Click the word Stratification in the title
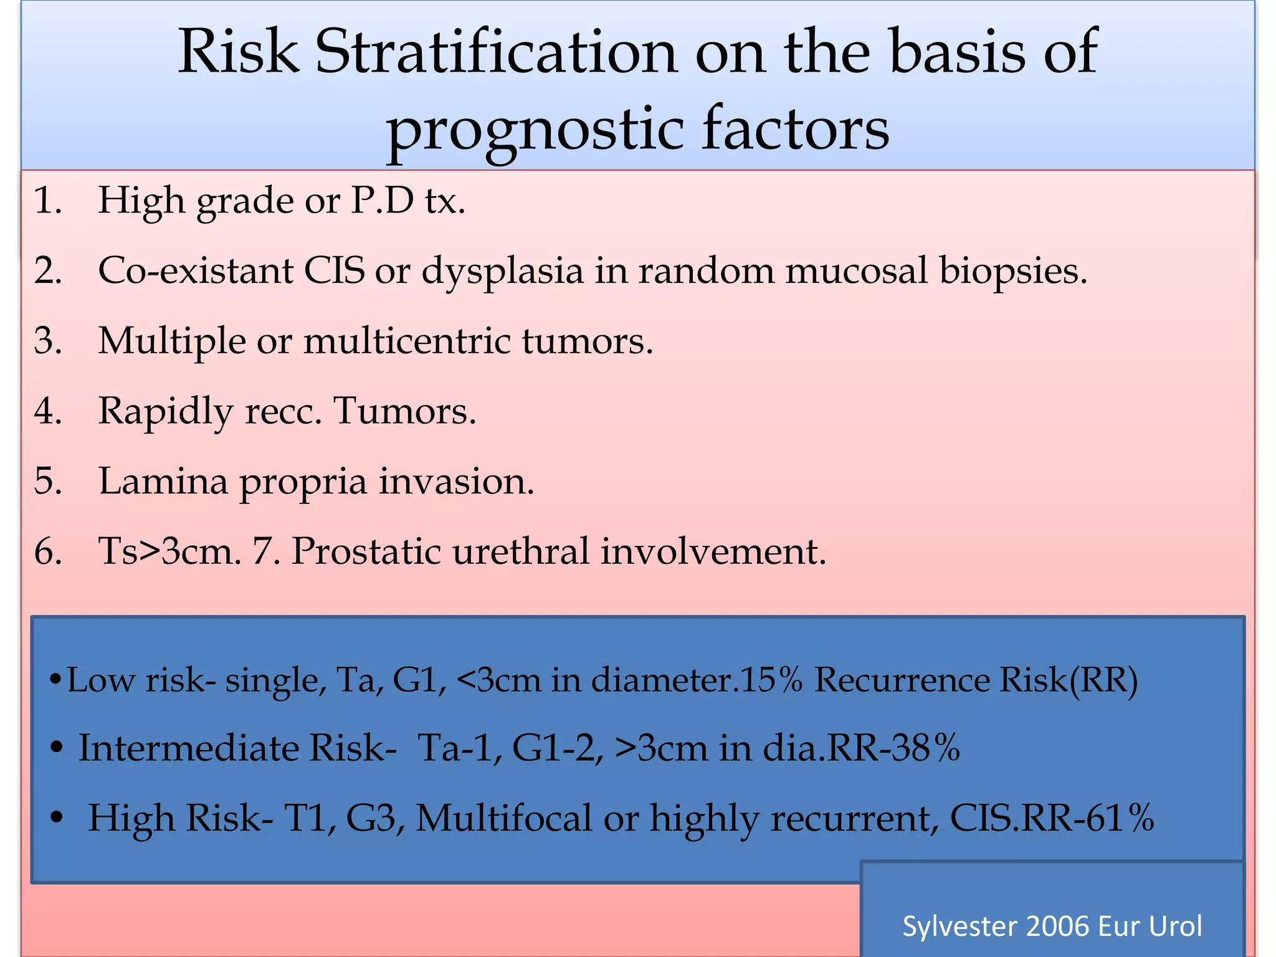coord(495,52)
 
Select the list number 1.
coord(47,201)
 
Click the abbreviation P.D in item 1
coord(382,201)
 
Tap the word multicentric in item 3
coord(407,341)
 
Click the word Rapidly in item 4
coord(166,412)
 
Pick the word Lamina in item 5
coord(163,482)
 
